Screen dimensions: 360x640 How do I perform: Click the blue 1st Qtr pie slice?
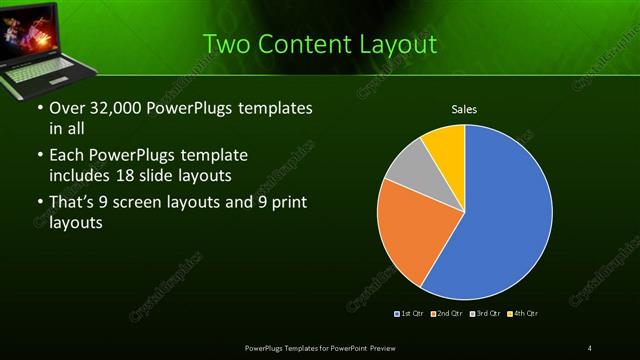tap(500, 220)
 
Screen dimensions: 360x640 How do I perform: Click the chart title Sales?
tap(464, 108)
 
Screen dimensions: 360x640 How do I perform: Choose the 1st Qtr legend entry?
tap(410, 314)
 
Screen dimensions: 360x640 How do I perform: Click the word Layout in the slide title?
tap(400, 45)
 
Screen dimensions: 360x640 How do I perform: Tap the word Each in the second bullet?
tap(67, 155)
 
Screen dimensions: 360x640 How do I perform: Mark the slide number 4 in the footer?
tap(590, 347)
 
